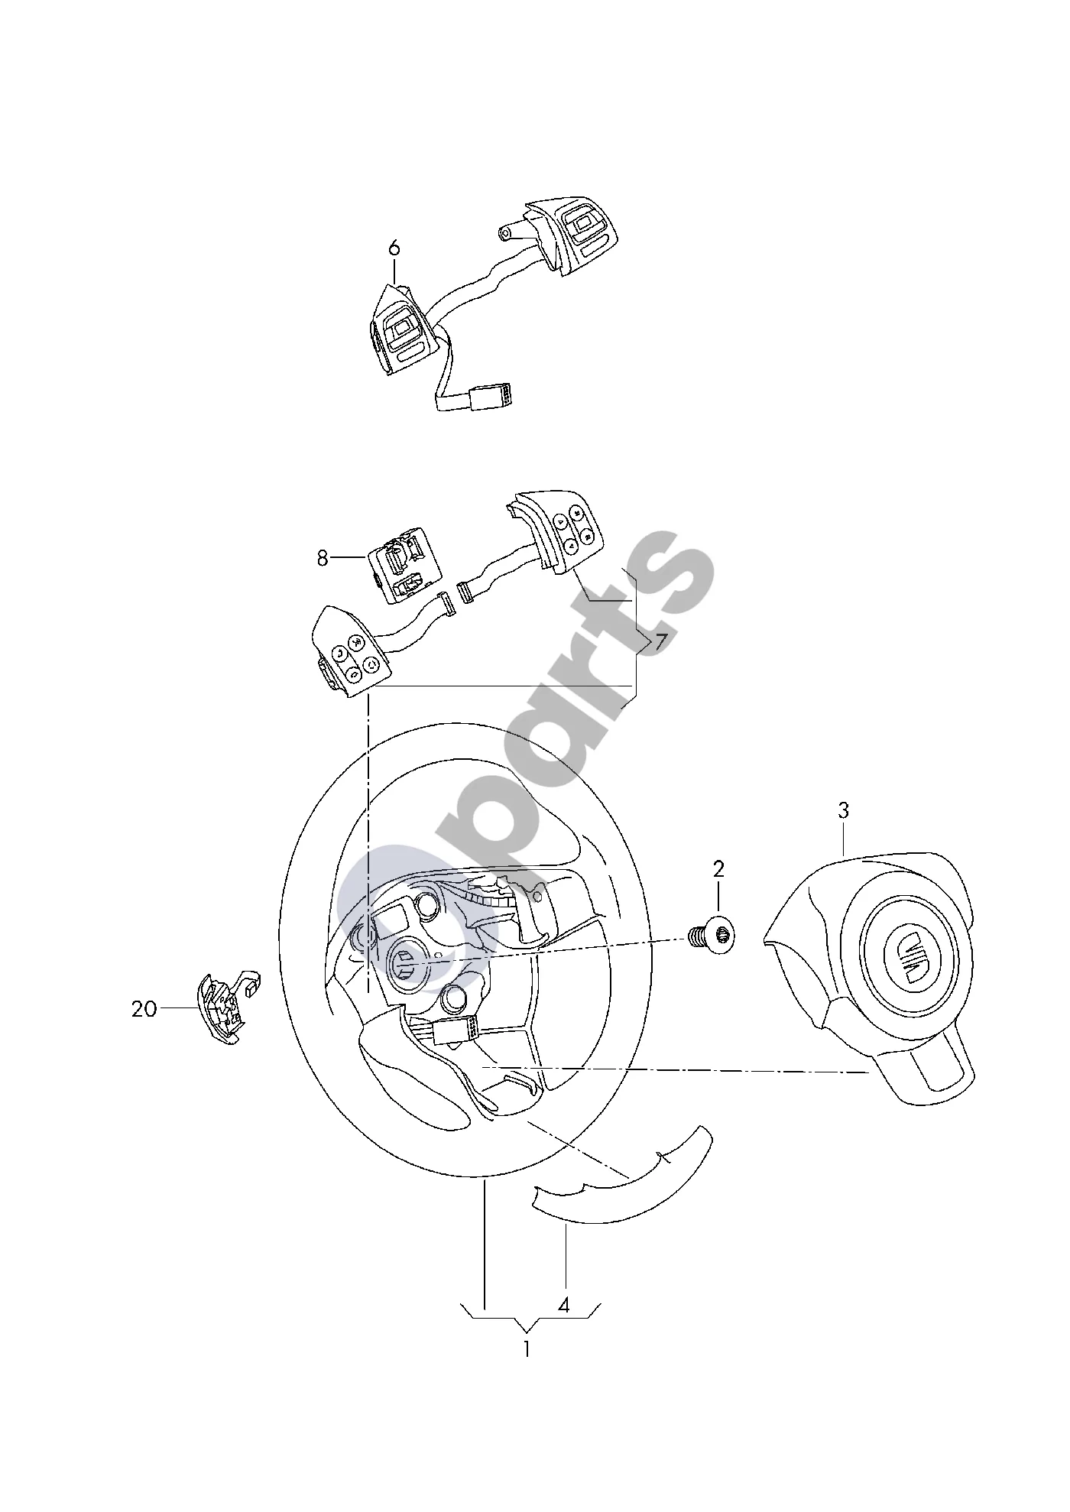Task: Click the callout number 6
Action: pyautogui.click(x=394, y=248)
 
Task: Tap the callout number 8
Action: pyautogui.click(x=323, y=559)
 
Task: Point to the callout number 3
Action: pyautogui.click(x=843, y=810)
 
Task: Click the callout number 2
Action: pyautogui.click(x=718, y=869)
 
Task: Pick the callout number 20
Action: pyautogui.click(x=144, y=1009)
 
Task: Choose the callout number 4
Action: pyautogui.click(x=564, y=1306)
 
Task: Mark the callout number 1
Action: pyautogui.click(x=527, y=1349)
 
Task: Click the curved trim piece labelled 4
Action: pyautogui.click(x=623, y=1186)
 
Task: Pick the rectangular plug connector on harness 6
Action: pyautogui.click(x=489, y=397)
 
